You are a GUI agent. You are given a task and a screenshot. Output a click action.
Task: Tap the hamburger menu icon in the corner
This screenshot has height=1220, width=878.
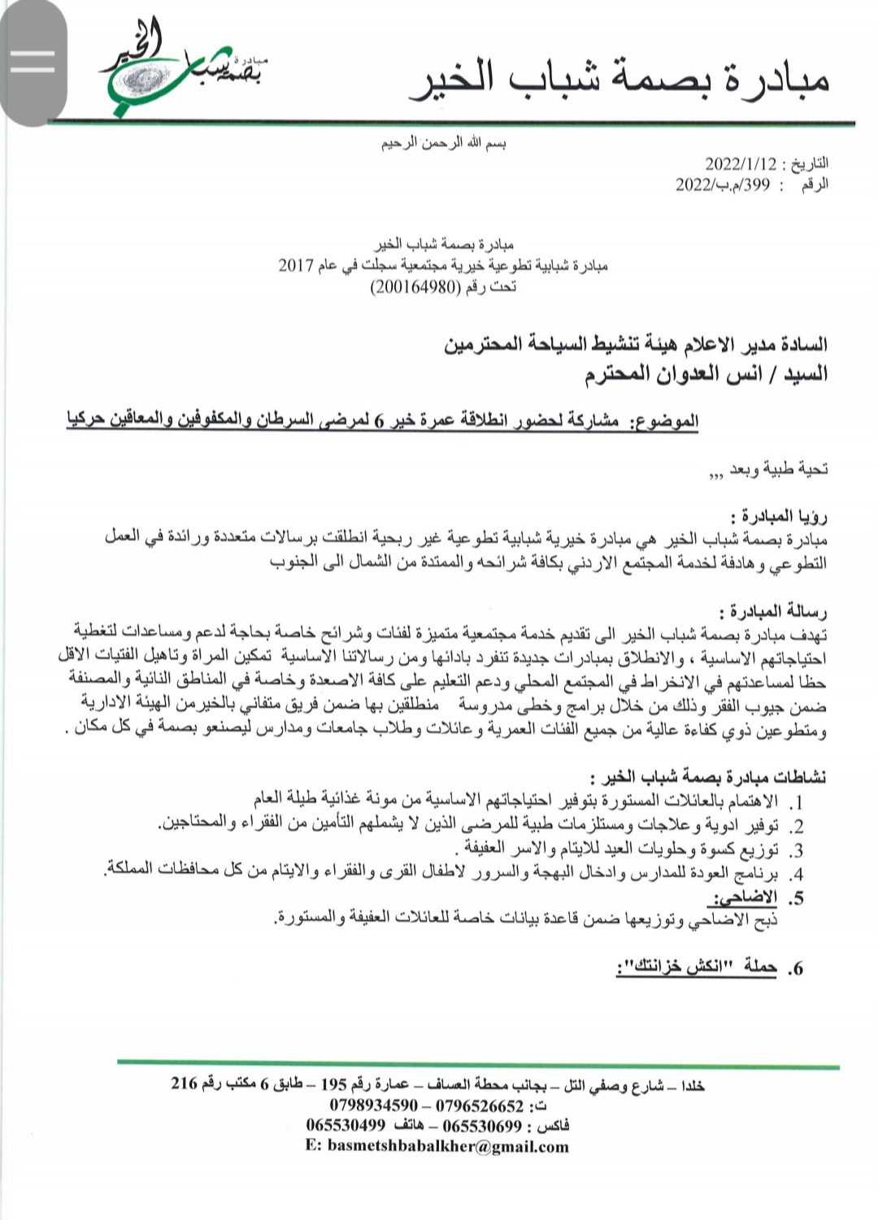tap(33, 61)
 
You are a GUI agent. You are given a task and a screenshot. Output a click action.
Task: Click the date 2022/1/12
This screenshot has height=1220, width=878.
tap(742, 163)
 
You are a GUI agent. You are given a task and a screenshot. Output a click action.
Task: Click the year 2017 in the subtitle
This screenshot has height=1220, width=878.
tap(296, 266)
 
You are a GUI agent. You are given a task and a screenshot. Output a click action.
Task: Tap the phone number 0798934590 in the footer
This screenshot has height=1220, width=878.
tap(375, 1105)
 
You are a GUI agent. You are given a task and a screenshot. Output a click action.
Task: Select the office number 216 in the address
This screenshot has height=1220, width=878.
tap(185, 1083)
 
